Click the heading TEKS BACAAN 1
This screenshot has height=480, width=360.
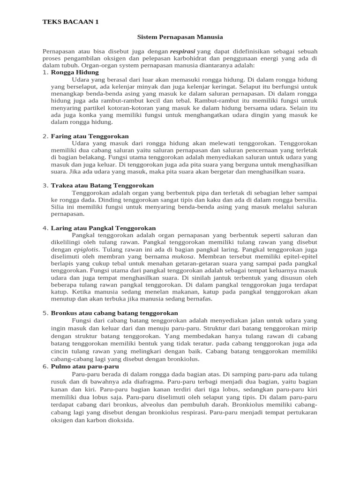[70, 22]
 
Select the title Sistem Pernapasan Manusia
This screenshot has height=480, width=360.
[180, 37]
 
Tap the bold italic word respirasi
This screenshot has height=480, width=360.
[182, 51]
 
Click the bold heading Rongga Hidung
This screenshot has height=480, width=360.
[75, 73]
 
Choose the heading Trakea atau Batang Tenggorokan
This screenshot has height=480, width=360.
[102, 186]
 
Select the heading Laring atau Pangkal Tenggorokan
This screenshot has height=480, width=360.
[103, 228]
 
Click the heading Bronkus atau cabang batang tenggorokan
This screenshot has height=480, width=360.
[114, 313]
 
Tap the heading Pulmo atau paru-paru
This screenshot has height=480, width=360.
[85, 366]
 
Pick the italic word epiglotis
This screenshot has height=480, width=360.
[86, 249]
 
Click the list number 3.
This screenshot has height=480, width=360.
[45, 186]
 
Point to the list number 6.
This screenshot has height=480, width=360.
[45, 366]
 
